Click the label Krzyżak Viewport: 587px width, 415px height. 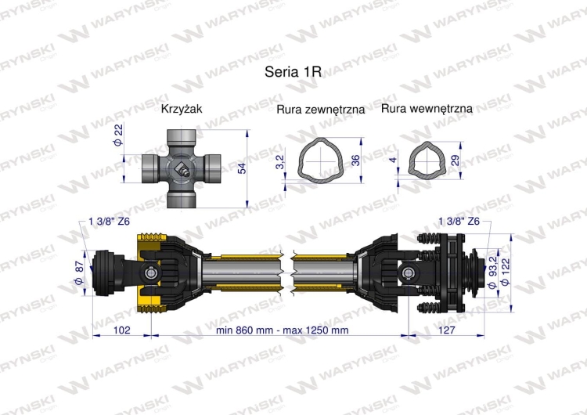pos(182,110)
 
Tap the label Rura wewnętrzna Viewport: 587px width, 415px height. pos(427,110)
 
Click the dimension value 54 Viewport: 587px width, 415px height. pos(242,168)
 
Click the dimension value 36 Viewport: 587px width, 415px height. pos(355,161)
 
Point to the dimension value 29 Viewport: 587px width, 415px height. pos(456,161)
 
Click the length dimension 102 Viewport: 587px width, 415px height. pos(121,330)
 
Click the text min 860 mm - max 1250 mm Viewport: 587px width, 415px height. pos(283,330)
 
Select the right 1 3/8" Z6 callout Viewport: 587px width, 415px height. pos(459,221)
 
